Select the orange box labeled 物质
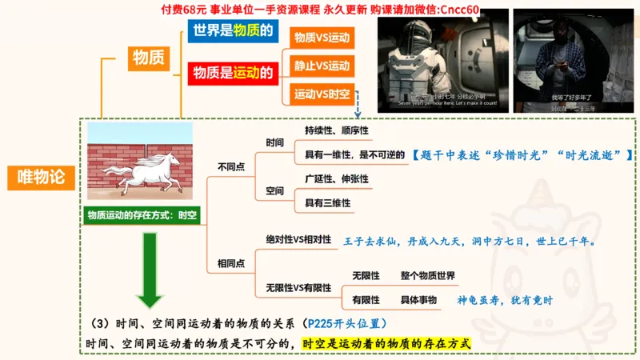pos(149,58)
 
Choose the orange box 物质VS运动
pos(322,37)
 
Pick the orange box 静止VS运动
pos(322,66)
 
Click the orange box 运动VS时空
pos(322,94)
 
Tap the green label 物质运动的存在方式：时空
pos(142,214)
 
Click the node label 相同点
pos(231,263)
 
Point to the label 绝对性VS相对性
pos(298,239)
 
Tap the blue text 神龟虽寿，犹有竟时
pos(505,300)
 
